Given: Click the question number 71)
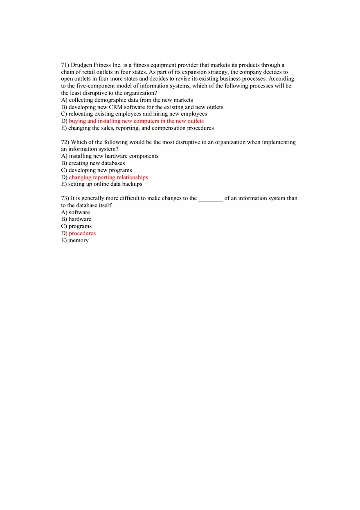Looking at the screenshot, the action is click(65, 65).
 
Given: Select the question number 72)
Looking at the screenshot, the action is click(65, 142).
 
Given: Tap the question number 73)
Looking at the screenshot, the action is click(65, 198).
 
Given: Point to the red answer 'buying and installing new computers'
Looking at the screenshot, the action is click(136, 121).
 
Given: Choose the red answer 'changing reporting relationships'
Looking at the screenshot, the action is click(108, 177).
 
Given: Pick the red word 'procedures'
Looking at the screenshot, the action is click(82, 234).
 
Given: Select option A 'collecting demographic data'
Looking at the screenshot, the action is click(127, 100).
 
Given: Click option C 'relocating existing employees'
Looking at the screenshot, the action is click(134, 114).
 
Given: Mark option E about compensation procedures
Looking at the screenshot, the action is click(137, 128).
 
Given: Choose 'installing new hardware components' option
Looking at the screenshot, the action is click(110, 156).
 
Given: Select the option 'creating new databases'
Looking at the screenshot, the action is click(93, 163).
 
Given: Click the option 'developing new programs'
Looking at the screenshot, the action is click(97, 170).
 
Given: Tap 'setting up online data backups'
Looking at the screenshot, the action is click(101, 184).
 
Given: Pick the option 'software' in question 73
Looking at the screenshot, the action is click(76, 212).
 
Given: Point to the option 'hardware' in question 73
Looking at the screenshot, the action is click(76, 219).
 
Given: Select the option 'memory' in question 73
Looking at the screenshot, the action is click(75, 240).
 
